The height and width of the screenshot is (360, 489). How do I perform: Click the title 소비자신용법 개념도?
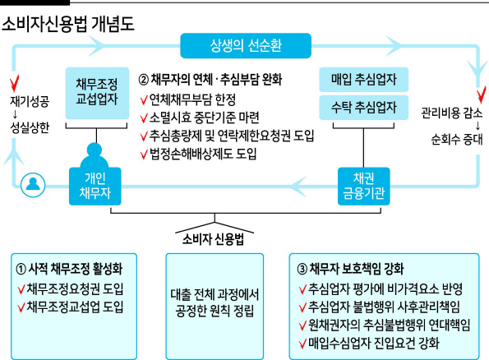click(x=68, y=24)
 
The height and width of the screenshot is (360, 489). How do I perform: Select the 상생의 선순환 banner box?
click(x=246, y=45)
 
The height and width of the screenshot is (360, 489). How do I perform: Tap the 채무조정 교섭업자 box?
click(x=97, y=93)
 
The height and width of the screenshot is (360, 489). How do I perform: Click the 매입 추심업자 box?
click(x=363, y=79)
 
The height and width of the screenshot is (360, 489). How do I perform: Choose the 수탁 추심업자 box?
click(x=363, y=108)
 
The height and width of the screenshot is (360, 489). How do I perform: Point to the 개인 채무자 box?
click(x=95, y=187)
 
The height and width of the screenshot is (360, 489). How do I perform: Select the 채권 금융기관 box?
click(x=363, y=187)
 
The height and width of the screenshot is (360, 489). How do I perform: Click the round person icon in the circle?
click(x=33, y=185)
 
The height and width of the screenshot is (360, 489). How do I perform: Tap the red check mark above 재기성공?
click(x=14, y=83)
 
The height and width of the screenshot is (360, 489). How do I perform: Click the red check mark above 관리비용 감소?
click(x=482, y=95)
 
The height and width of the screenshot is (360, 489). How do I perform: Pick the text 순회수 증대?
click(x=457, y=139)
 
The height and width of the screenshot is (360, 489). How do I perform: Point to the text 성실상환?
click(x=30, y=127)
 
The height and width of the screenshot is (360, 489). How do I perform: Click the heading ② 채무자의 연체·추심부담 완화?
click(x=210, y=79)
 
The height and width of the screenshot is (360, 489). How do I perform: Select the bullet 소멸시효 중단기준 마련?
click(x=205, y=118)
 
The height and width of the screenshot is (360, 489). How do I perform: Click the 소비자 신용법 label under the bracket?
click(x=213, y=239)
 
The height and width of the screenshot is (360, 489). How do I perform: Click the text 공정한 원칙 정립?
click(x=215, y=311)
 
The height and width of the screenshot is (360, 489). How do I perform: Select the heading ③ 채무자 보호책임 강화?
click(x=350, y=269)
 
